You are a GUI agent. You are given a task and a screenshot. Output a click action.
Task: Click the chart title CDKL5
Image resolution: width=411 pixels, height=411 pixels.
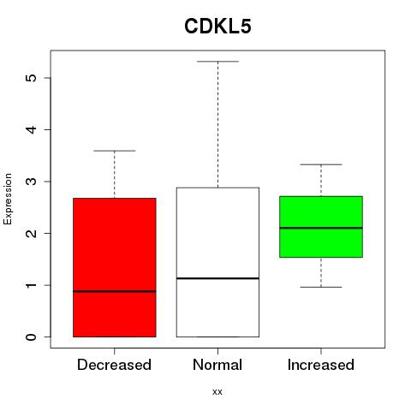[217, 27]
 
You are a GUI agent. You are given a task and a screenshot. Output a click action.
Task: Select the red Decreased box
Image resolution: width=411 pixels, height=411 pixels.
[115, 267]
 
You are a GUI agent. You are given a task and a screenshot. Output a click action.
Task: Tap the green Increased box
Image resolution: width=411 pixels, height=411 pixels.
[321, 227]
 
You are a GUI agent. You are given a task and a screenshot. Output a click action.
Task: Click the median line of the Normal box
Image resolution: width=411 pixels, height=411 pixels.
[217, 278]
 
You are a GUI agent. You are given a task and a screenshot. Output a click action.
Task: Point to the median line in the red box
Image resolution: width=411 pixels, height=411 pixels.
[115, 291]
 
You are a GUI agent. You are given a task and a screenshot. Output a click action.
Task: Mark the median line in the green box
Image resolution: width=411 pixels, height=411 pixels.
[321, 228]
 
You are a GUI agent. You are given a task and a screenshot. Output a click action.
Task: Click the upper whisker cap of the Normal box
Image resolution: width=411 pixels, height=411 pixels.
[217, 62]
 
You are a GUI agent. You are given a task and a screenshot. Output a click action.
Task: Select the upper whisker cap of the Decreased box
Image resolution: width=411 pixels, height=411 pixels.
[115, 151]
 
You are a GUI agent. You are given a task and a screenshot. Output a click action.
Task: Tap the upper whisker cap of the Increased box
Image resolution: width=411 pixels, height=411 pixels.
[321, 164]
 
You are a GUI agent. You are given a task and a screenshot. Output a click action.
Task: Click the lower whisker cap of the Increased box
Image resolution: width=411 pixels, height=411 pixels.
[321, 287]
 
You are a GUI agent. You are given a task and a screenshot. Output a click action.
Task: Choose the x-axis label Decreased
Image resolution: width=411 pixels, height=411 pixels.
[114, 365]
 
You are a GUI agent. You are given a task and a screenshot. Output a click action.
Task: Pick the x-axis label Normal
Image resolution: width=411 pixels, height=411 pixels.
[217, 365]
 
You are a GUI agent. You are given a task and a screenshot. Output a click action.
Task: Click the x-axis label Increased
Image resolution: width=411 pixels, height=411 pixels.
[321, 365]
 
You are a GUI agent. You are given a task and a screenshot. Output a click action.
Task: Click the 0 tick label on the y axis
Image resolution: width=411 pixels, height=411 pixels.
[32, 337]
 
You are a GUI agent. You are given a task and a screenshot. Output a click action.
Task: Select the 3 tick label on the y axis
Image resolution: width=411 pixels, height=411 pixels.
[32, 182]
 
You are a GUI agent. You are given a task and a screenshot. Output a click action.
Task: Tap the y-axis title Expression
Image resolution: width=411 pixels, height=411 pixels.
[8, 199]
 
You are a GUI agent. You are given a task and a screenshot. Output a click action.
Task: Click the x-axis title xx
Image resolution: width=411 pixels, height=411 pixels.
[217, 392]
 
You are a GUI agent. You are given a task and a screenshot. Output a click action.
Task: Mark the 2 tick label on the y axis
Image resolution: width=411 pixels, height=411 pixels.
[32, 233]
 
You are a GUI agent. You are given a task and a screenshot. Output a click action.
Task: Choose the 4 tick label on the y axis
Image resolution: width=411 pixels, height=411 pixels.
[32, 129]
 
